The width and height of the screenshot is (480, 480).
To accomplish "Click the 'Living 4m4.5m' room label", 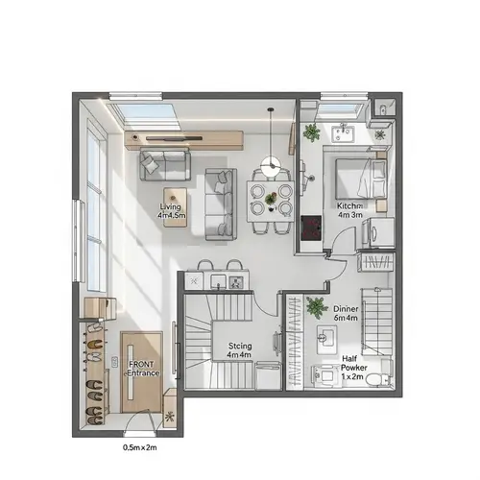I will coord(173,211).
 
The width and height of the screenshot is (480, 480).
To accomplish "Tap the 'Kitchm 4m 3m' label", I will coord(348,211).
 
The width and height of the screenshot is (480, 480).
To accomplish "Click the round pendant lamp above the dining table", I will coord(272,166).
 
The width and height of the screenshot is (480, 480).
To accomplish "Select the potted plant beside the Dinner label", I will coord(316,308).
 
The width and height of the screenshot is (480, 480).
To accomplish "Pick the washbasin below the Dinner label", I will coord(326,335).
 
